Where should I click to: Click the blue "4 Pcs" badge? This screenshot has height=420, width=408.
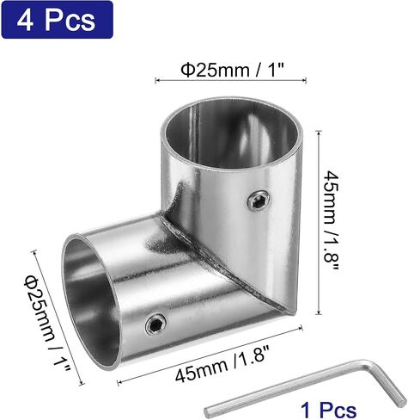point(57,20)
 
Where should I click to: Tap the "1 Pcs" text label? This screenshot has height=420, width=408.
point(328,410)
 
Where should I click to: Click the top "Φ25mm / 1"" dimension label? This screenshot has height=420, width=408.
point(232,70)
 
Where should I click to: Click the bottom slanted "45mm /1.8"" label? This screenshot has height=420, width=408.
point(222,364)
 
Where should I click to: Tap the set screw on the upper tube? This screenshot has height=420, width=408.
point(258,201)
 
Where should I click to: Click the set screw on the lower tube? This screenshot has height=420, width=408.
point(156,324)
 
